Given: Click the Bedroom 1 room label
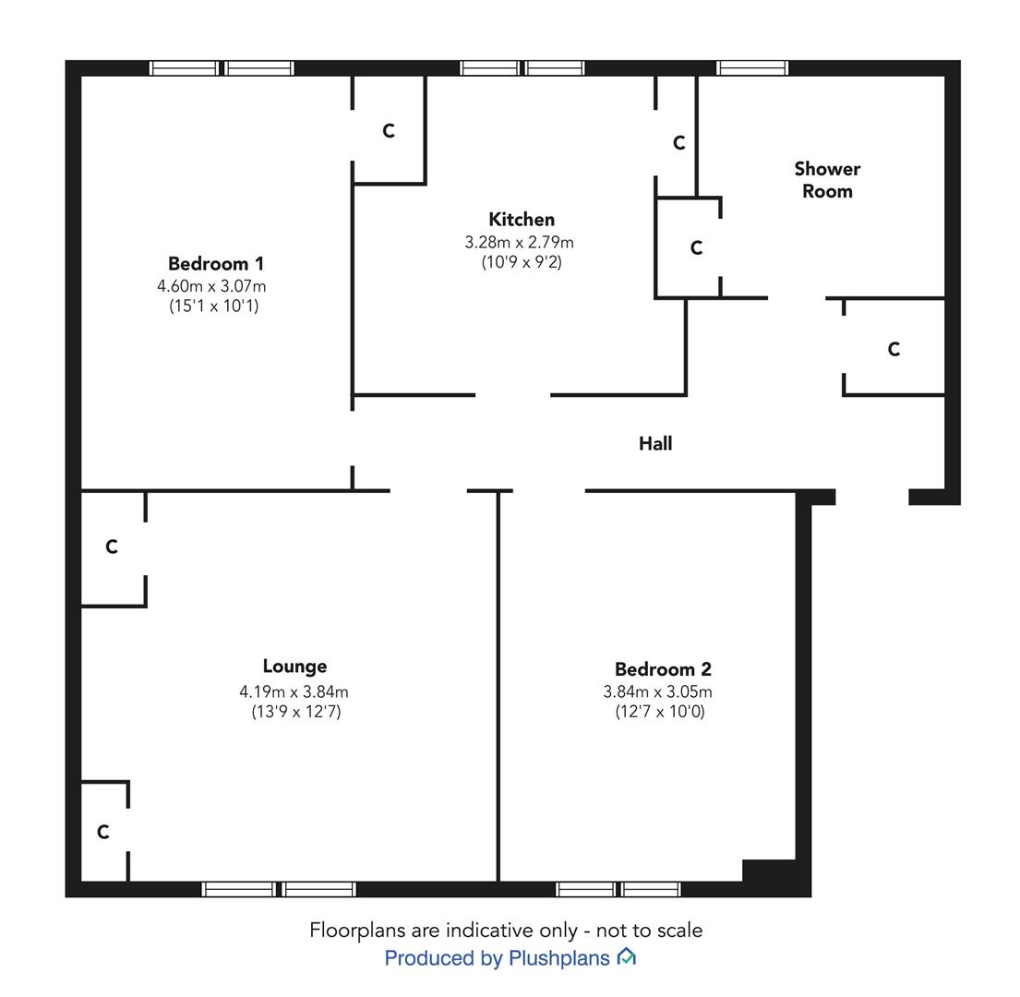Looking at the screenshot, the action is coord(216,263).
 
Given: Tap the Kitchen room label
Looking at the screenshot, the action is coord(522,219).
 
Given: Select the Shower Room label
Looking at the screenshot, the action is coord(827,180).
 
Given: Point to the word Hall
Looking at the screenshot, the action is coord(655,443).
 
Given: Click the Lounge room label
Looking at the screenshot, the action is coord(294,667).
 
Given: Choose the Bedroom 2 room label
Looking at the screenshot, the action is coord(663,669).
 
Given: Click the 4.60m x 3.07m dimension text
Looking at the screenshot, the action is coord(211,286).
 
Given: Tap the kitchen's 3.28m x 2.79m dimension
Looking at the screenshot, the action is coord(519,243).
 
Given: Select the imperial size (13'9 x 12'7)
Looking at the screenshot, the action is coord(296,712).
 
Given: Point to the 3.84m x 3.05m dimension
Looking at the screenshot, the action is coord(657,692).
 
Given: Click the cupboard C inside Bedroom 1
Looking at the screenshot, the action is coord(389,131).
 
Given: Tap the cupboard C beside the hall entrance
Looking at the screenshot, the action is coord(894,350).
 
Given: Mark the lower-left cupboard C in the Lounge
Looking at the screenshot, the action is coord(103,833).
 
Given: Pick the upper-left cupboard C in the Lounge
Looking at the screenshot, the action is coord(112,547).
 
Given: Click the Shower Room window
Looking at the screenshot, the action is coord(752,67).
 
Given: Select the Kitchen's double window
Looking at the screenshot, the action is coord(522,67).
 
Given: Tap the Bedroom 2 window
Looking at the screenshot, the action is coord(618,889).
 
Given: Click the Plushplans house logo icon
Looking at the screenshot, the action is coord(627,956).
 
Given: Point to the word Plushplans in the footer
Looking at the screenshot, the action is coord(559,958).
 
